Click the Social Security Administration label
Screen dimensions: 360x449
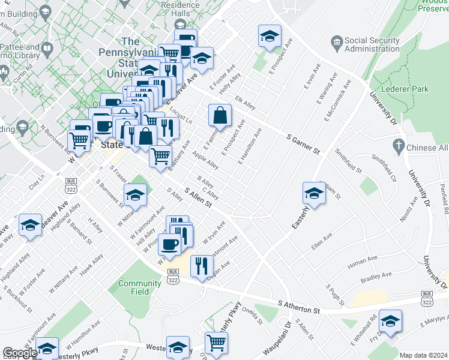372,44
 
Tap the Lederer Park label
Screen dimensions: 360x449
408,89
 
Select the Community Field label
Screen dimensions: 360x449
139,287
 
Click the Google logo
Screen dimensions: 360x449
19,353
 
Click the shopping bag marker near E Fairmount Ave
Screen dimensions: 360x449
220,115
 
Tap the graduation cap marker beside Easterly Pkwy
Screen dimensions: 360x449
314,193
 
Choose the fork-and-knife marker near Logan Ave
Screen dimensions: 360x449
202,265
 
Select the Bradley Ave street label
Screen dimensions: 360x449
376,277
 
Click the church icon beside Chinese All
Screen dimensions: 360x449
397,146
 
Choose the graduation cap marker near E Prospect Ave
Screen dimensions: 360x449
270,36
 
